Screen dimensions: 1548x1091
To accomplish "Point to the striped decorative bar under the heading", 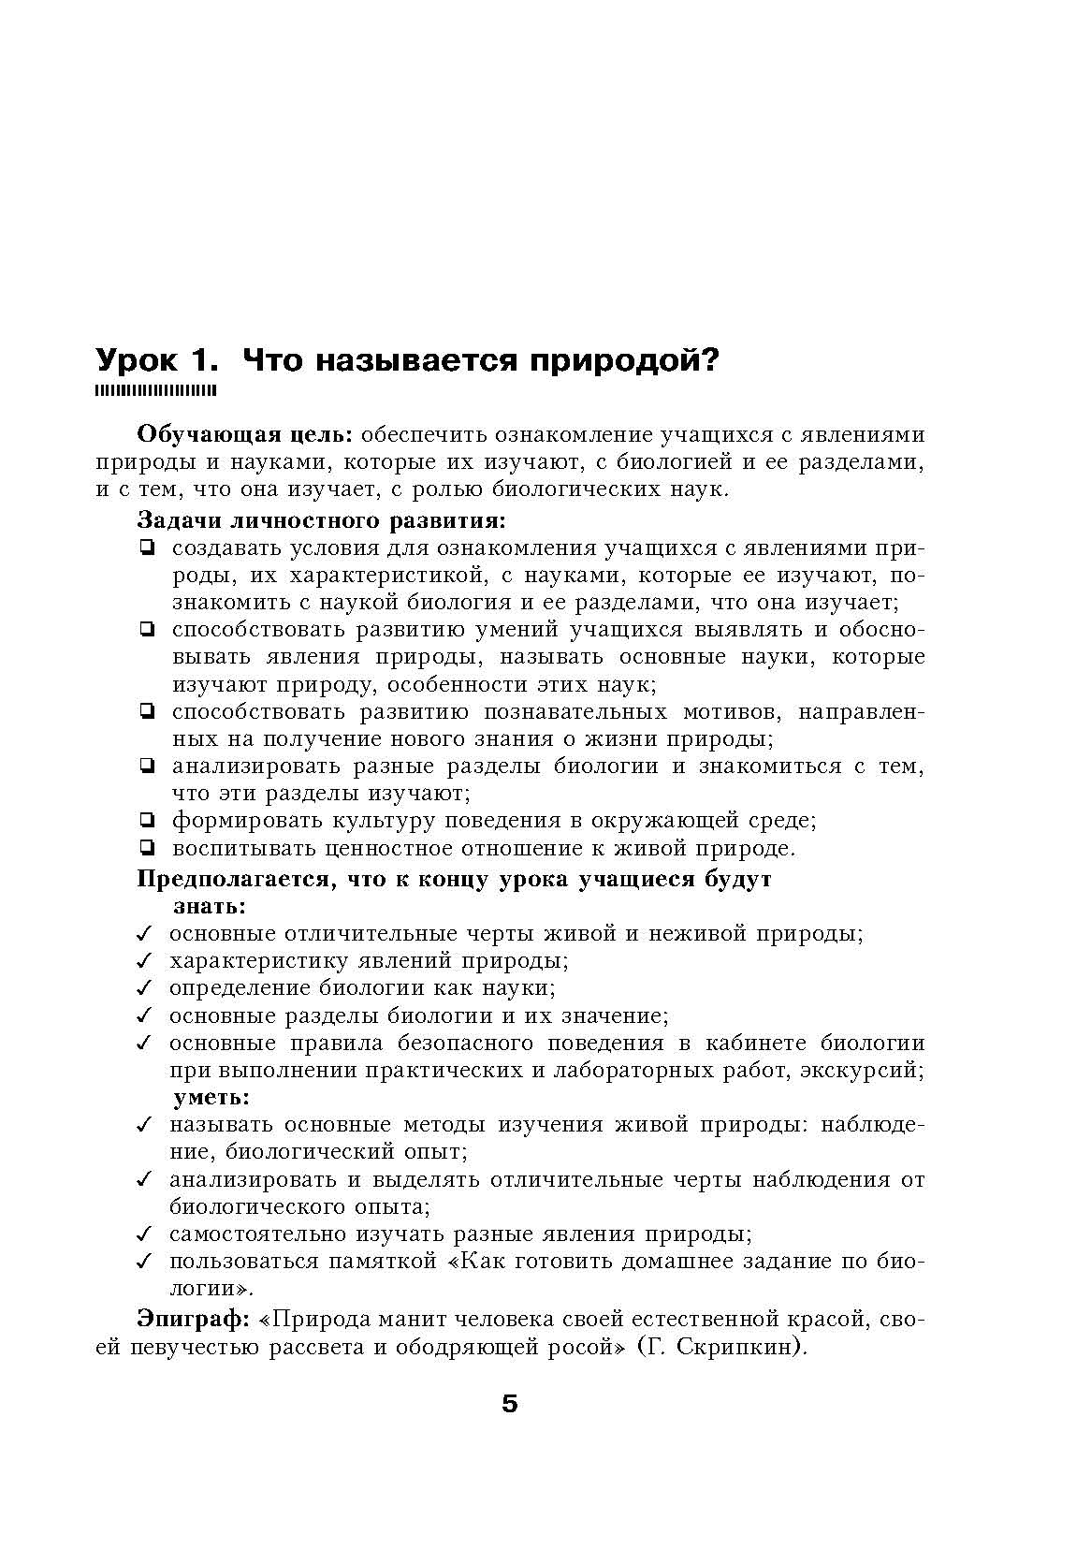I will click(x=156, y=389).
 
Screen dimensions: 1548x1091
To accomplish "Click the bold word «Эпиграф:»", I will click(x=194, y=1320).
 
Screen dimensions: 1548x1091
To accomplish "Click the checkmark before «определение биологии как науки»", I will click(x=144, y=988).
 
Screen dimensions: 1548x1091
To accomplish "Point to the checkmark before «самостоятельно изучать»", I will click(x=144, y=1234).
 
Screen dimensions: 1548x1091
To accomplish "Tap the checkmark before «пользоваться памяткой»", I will click(x=144, y=1262).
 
